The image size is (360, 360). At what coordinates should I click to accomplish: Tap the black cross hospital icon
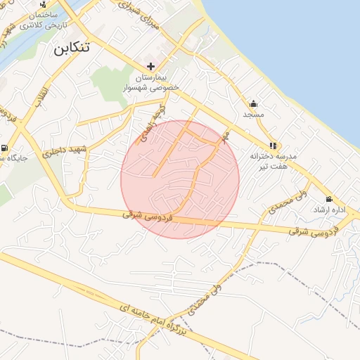pos(151,66)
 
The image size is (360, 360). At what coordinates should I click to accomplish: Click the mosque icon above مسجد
pos(253,103)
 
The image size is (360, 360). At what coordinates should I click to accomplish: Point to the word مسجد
pos(253,114)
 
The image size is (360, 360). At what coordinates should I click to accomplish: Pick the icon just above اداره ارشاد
pos(328,200)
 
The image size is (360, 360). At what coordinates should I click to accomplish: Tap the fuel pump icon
pos(5,148)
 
